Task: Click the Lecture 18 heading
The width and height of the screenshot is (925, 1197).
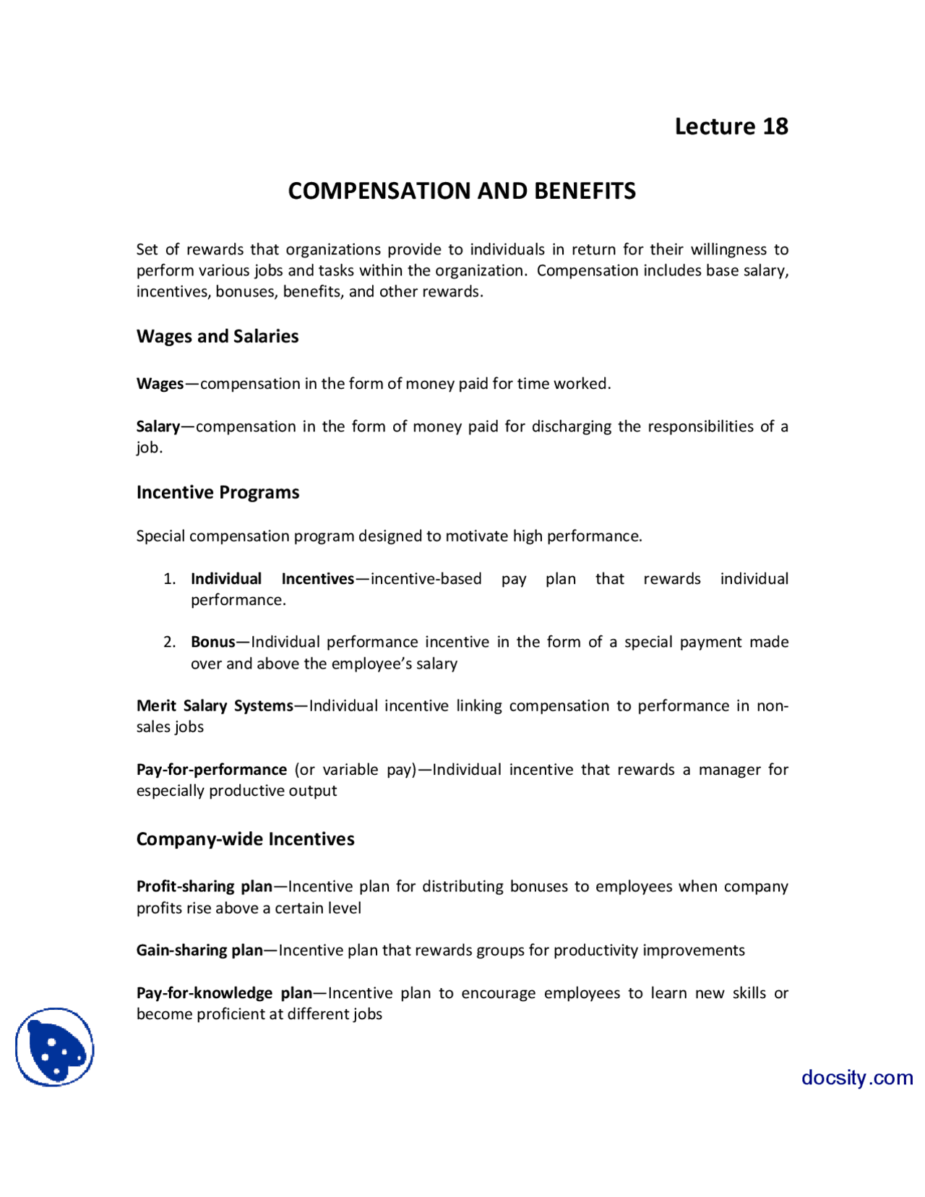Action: point(731,126)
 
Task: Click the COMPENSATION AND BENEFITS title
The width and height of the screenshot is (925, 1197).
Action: point(462,191)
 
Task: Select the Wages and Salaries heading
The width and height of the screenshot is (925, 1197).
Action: point(217,336)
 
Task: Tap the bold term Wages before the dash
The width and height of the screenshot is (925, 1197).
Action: point(160,384)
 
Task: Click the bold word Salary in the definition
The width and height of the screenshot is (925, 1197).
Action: point(158,426)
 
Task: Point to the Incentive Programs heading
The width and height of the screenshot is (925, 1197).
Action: point(218,492)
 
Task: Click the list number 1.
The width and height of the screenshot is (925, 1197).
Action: point(169,579)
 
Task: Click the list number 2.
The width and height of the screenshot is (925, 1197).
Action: point(169,642)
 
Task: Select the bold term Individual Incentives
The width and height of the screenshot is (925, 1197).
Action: point(272,579)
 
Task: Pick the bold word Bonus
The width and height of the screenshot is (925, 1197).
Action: point(212,642)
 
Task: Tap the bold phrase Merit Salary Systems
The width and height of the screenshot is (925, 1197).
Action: point(215,705)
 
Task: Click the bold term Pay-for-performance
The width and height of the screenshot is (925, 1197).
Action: point(211,770)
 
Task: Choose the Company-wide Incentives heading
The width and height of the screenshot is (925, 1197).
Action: point(245,839)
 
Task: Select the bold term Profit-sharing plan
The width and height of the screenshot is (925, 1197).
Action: point(205,887)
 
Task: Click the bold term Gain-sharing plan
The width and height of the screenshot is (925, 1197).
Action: point(199,951)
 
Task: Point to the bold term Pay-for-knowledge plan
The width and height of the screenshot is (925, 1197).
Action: point(224,993)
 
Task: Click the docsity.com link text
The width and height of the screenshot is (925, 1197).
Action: point(856,1078)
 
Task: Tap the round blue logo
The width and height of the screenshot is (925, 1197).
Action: point(55,1047)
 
